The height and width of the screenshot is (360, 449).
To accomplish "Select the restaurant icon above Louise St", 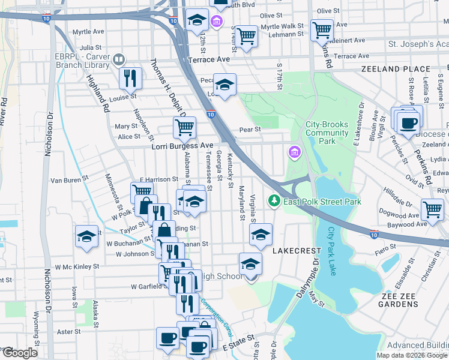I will (130, 77).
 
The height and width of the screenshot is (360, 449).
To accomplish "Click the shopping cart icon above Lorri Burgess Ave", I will (184, 127).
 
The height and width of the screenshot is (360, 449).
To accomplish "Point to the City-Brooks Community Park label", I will (327, 133).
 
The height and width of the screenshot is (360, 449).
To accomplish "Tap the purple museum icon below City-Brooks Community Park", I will (295, 152).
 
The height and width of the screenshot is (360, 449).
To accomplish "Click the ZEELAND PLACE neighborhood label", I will (396, 70).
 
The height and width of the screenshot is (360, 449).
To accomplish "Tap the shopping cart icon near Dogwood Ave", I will (432, 210).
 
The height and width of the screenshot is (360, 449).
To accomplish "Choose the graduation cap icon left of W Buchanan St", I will (86, 236).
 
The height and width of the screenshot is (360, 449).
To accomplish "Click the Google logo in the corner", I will (19, 352).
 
